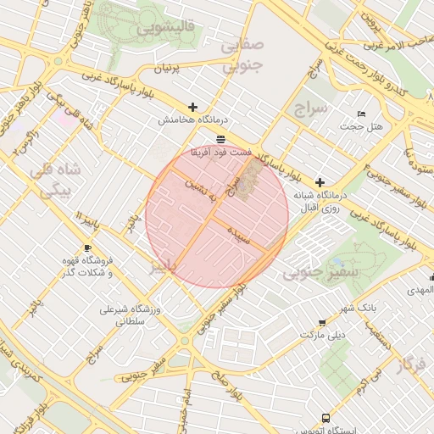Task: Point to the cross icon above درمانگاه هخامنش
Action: pyautogui.click(x=193, y=108)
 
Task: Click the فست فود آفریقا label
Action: pyautogui.click(x=220, y=151)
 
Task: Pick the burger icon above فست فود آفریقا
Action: pyautogui.click(x=220, y=138)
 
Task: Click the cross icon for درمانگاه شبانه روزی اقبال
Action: pyautogui.click(x=320, y=182)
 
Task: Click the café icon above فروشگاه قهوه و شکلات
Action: pyautogui.click(x=88, y=248)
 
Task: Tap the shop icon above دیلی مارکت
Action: pyautogui.click(x=321, y=323)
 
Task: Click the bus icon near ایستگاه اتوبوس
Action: pyautogui.click(x=326, y=418)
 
